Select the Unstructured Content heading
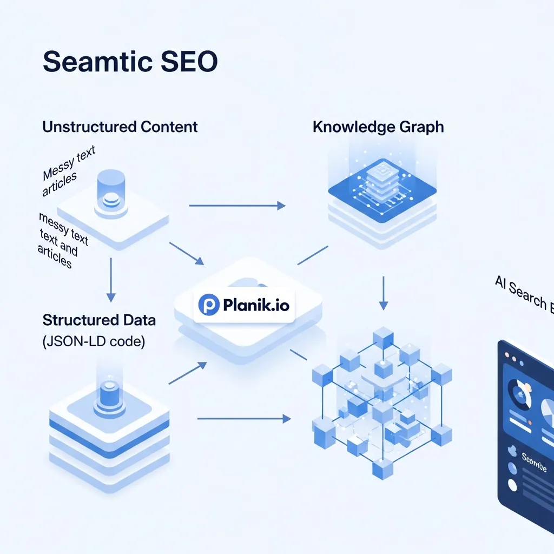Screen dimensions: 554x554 coord(120,127)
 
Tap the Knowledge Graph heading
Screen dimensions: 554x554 coord(378,127)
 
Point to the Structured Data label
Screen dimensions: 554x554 coord(99,320)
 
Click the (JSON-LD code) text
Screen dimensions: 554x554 coord(94,342)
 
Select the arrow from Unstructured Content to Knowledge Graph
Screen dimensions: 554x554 coord(236,206)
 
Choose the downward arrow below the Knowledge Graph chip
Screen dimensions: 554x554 coord(383,293)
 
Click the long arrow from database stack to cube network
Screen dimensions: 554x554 coord(241,418)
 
